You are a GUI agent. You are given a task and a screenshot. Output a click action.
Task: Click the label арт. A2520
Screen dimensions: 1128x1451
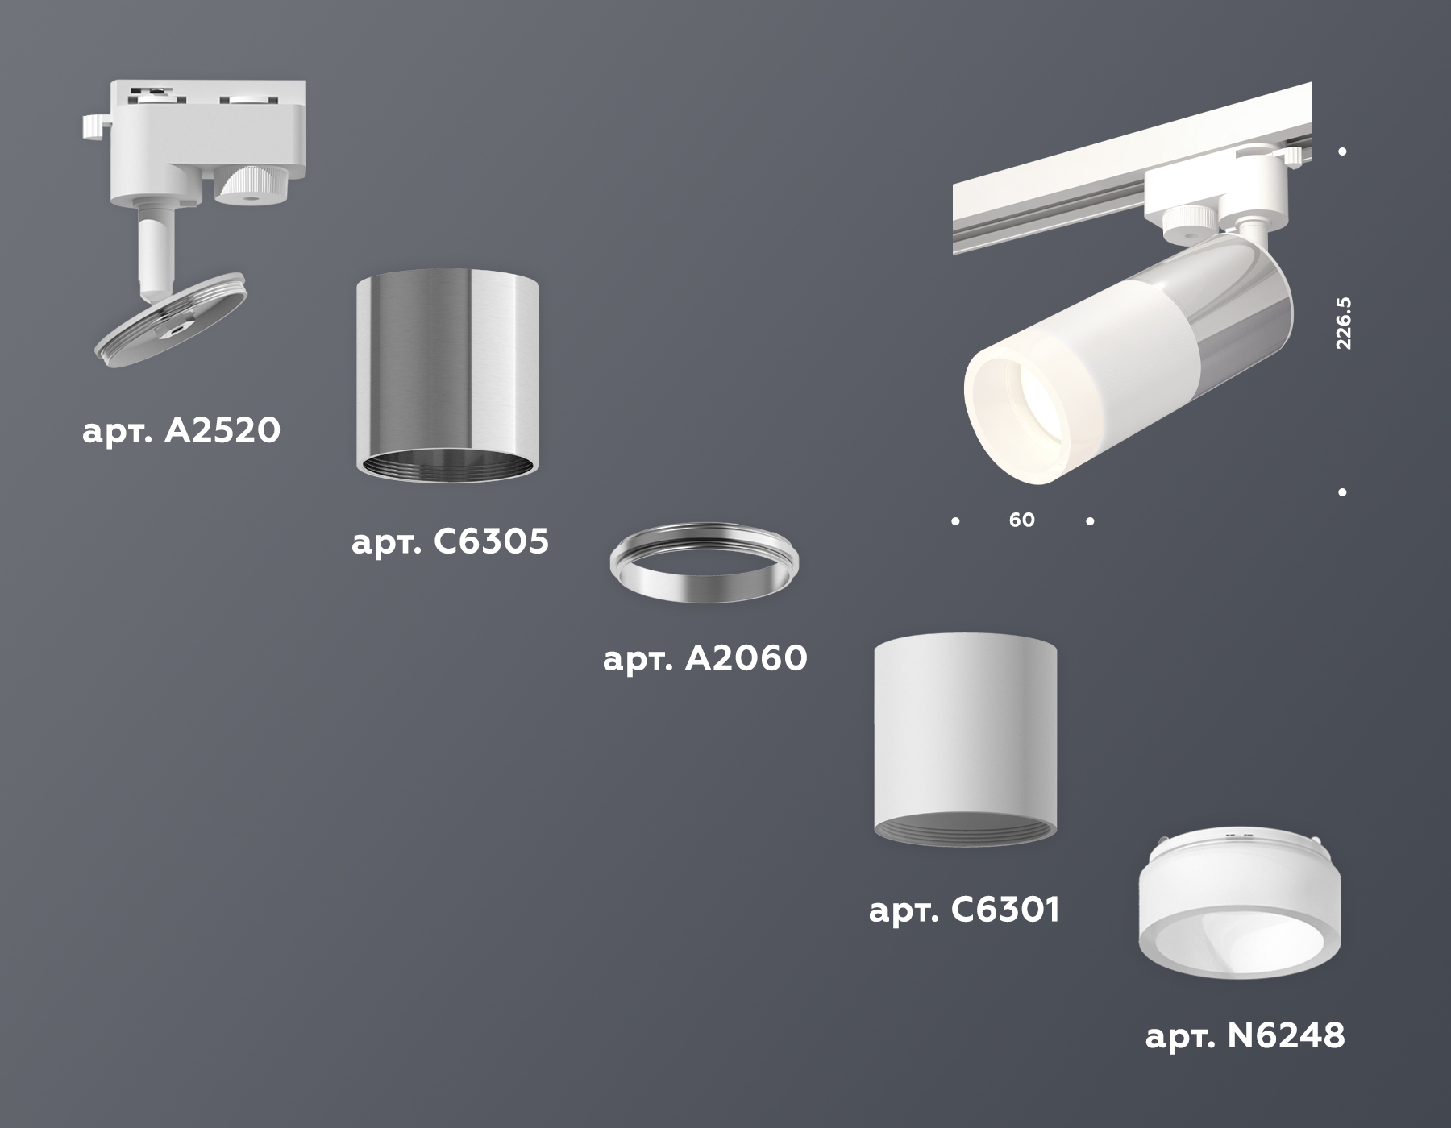pyautogui.click(x=181, y=431)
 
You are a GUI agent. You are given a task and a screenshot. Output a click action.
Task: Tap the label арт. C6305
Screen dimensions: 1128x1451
pyautogui.click(x=450, y=542)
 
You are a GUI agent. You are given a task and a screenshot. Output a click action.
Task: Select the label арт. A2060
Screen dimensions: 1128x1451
pyautogui.click(x=705, y=659)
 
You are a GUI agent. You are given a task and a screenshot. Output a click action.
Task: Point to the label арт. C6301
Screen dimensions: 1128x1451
pyautogui.click(x=964, y=910)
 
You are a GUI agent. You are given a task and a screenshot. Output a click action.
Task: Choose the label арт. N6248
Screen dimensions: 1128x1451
pyautogui.click(x=1245, y=1036)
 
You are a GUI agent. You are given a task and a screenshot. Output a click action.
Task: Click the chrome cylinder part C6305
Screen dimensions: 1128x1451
pyautogui.click(x=447, y=371)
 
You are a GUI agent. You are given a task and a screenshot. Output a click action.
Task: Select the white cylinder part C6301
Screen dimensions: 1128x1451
pyautogui.click(x=965, y=733)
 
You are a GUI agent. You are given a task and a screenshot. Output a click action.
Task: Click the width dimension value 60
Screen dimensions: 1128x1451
pyautogui.click(x=1021, y=520)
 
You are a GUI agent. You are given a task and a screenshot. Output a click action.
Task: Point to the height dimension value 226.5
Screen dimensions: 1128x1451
pyautogui.click(x=1343, y=322)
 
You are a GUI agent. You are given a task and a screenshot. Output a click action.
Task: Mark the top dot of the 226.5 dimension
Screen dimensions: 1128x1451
pyautogui.click(x=1342, y=151)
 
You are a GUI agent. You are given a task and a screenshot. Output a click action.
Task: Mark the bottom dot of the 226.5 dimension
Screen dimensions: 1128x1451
pyautogui.click(x=1342, y=491)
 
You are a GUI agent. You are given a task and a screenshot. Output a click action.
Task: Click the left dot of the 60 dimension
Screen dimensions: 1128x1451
pyautogui.click(x=955, y=521)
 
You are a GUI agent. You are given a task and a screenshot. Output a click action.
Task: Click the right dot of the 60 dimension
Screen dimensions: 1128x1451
pyautogui.click(x=1090, y=521)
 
